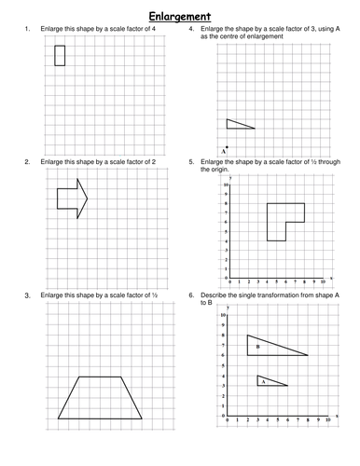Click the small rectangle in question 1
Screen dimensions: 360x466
(60, 55)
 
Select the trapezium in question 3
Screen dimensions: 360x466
(101, 398)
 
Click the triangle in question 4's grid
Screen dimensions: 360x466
(238, 124)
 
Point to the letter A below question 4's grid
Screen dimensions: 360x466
(224, 150)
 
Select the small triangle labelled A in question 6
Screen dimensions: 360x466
(268, 380)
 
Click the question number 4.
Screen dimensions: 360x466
(192, 31)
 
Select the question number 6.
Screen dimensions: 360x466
(192, 295)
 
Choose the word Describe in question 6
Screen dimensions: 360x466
(219, 295)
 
